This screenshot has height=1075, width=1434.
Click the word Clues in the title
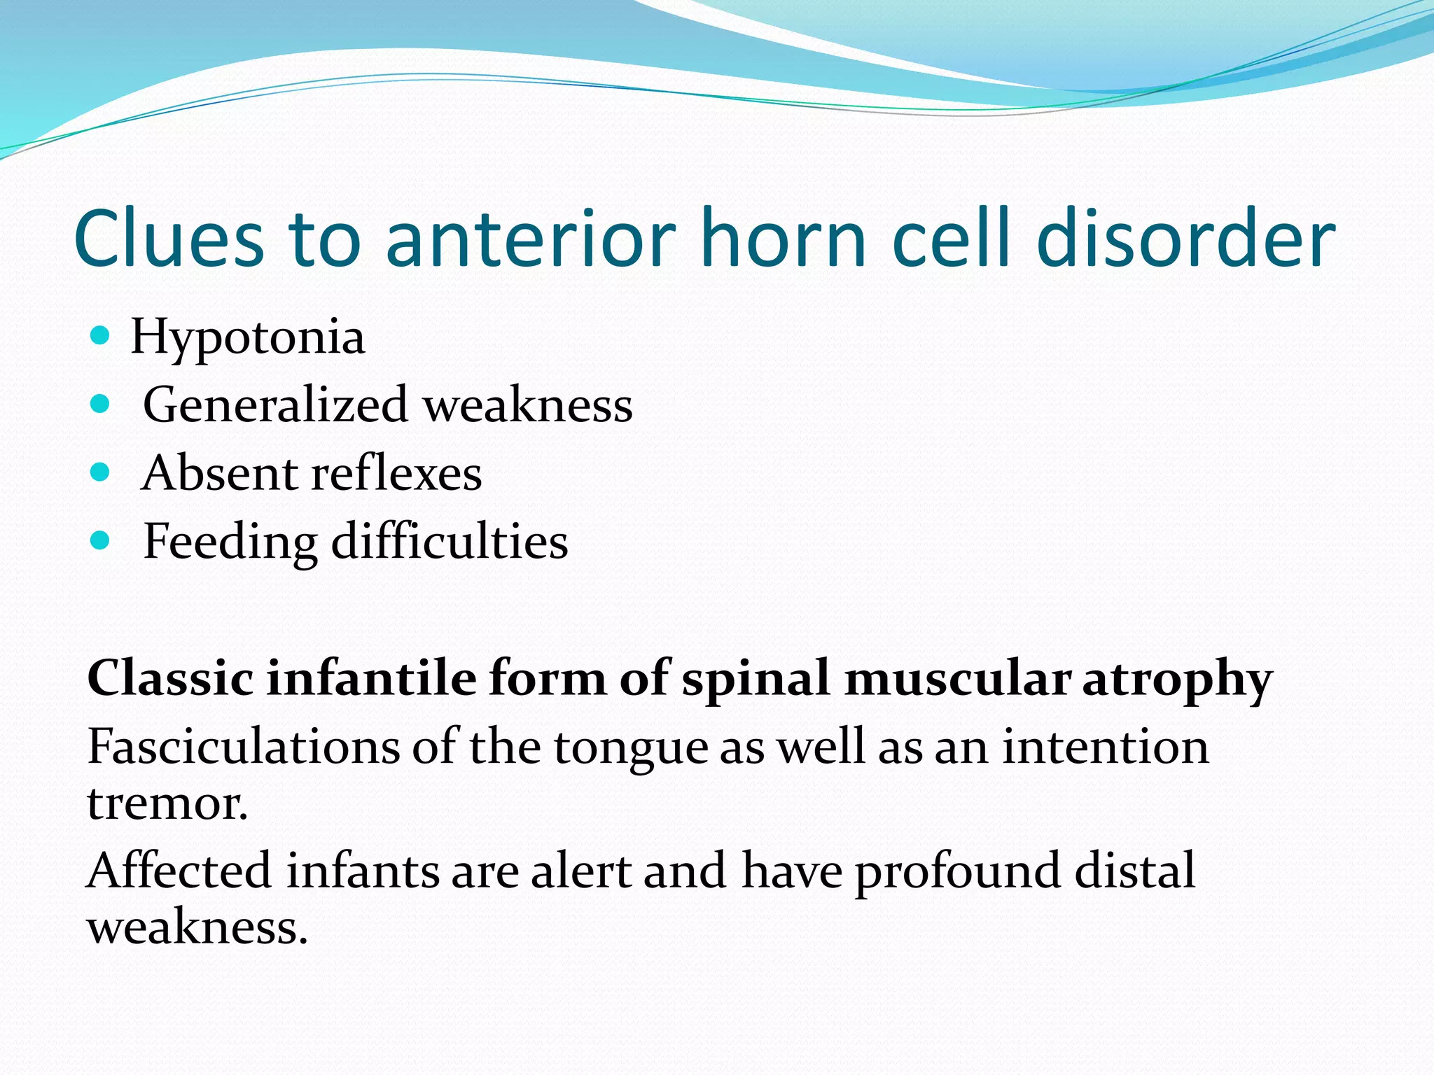click(168, 239)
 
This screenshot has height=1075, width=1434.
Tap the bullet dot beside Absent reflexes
click(101, 472)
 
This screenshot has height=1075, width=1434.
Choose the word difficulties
click(449, 542)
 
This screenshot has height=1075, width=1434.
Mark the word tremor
click(167, 803)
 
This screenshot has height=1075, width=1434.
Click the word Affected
click(179, 871)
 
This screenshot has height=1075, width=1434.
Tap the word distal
click(1134, 871)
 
